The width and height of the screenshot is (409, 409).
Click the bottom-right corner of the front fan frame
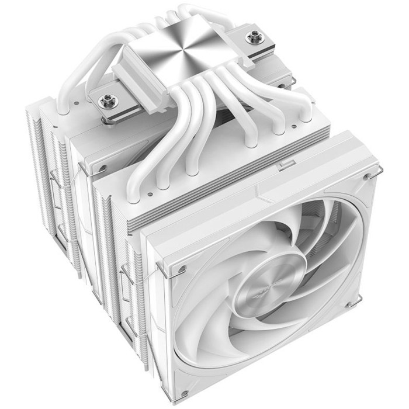click(x=362, y=327)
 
